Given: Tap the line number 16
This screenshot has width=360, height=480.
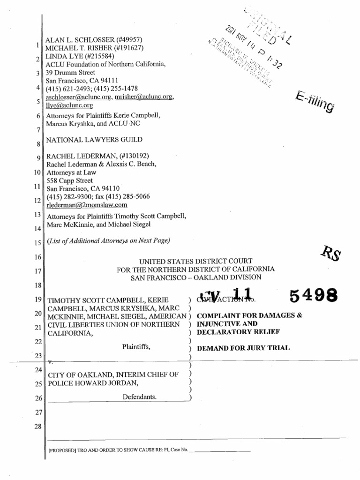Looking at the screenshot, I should point(38,257).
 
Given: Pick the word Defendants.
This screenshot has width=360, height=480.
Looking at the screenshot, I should point(140,397).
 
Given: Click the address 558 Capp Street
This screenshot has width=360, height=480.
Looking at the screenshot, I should point(69,180).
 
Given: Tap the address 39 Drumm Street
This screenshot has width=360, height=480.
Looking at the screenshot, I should point(70,73).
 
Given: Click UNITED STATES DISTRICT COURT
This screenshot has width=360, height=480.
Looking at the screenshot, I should point(196,261).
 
